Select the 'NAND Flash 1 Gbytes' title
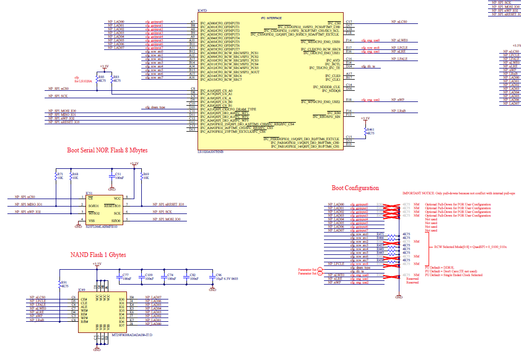click(x=98, y=255)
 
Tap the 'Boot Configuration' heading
click(x=355, y=188)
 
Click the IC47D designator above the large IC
click(x=202, y=11)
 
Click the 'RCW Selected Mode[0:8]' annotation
click(x=470, y=247)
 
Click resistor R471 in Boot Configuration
click(x=380, y=234)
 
